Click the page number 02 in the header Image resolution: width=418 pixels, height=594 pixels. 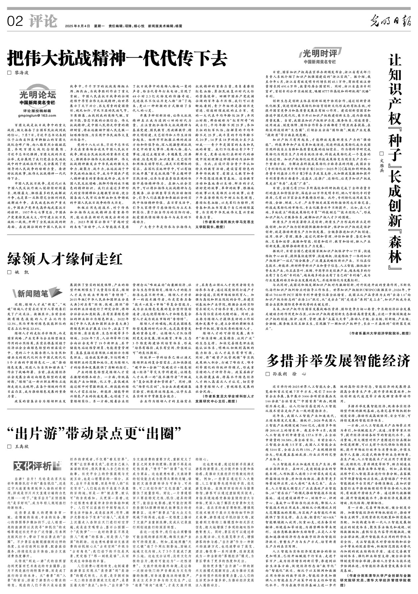[x=15, y=22]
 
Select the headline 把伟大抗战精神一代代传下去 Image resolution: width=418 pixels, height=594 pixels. [x=117, y=59]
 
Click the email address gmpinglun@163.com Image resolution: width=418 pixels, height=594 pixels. [x=37, y=115]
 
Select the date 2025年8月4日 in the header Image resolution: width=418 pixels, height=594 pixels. [x=78, y=26]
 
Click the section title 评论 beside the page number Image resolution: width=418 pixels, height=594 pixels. [x=43, y=22]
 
